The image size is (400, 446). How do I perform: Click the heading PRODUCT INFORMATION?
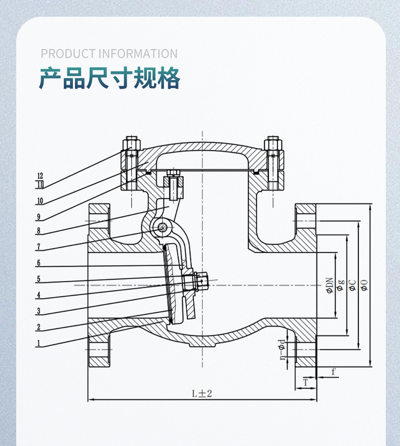pos(109,54)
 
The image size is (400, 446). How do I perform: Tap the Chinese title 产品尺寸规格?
pos(110,79)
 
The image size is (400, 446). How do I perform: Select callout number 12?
pos(40,176)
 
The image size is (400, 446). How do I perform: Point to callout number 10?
pos(39,201)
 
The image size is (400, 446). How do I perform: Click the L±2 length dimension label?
pos(201,393)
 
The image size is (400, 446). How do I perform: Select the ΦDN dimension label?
pos(329,286)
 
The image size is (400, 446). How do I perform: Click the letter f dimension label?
pos(333,372)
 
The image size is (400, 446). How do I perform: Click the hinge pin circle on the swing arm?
pos(163,227)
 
